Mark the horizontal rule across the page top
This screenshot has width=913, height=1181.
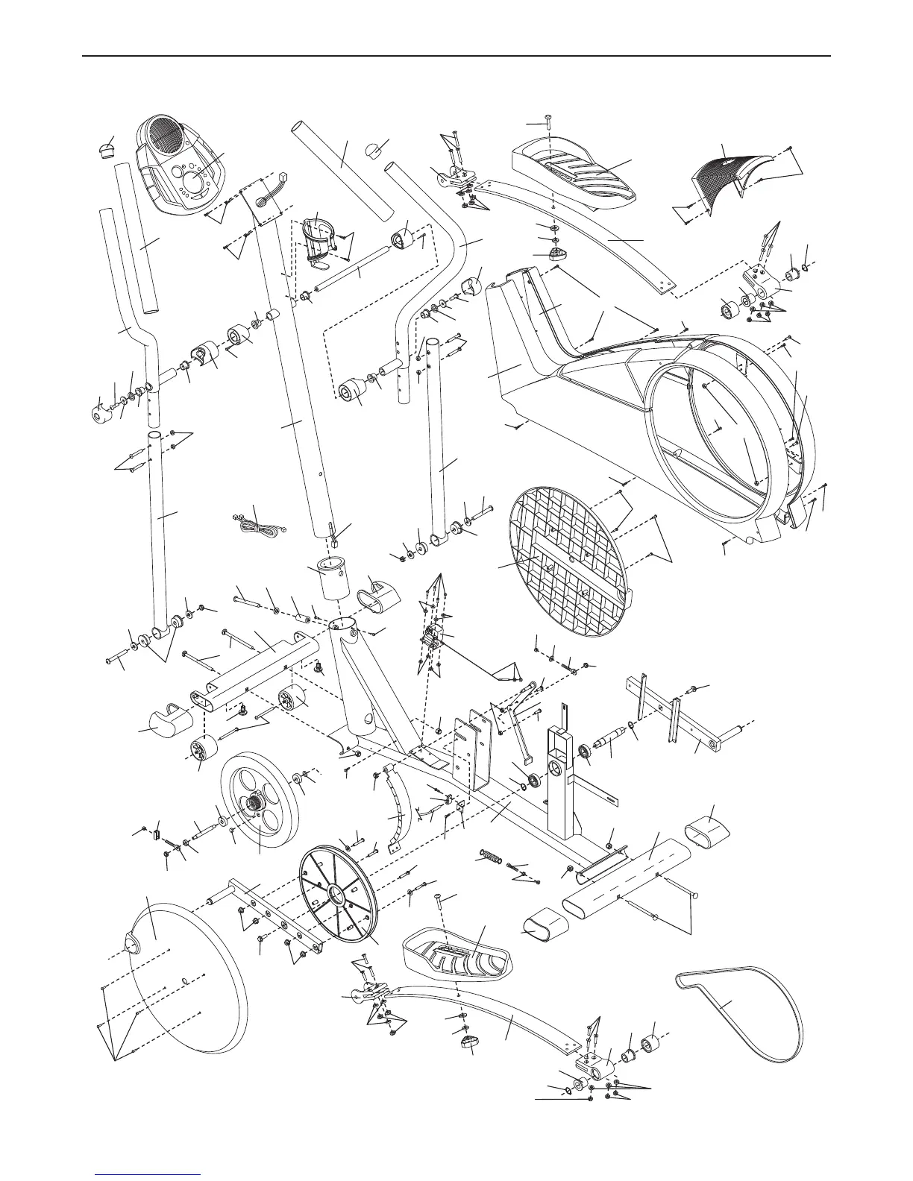(456, 55)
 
